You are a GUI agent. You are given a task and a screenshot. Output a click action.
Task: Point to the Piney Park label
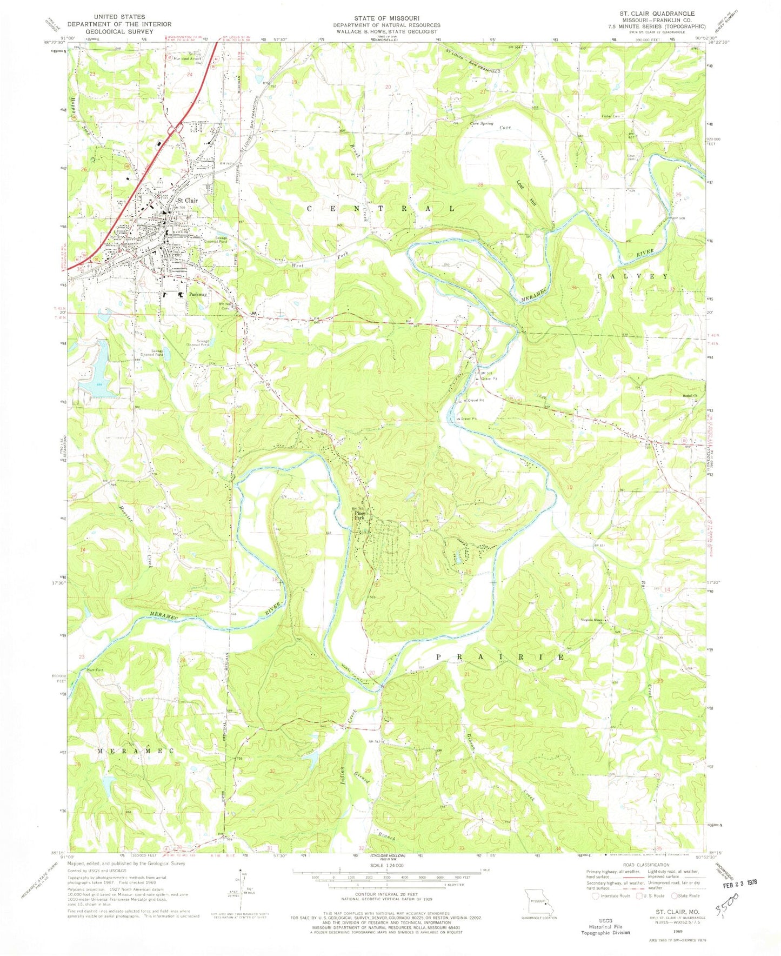tap(360, 516)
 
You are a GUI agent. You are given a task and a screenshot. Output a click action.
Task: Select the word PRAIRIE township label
tap(500, 658)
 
